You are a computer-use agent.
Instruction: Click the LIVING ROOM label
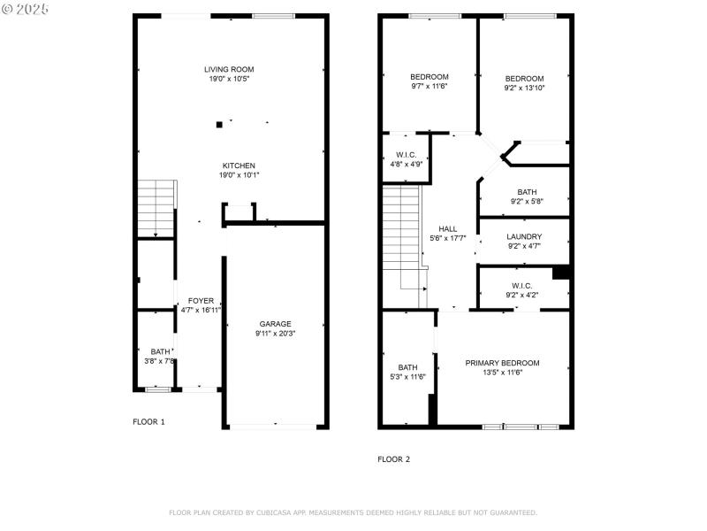tap(230, 69)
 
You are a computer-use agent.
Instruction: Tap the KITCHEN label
tap(239, 165)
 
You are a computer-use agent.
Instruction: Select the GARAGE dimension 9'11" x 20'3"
tap(275, 334)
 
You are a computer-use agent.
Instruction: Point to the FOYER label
tap(201, 301)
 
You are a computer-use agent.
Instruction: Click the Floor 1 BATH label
tap(160, 351)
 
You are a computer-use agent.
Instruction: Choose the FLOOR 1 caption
tap(148, 422)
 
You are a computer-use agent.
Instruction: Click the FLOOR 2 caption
tap(393, 459)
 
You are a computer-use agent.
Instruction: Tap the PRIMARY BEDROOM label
tap(502, 363)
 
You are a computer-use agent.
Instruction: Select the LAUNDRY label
tap(524, 236)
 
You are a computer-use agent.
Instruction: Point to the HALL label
tap(448, 229)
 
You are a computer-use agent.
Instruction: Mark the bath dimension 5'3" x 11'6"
tap(407, 377)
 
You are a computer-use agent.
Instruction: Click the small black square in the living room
tap(219, 125)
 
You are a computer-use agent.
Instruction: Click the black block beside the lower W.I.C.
tap(560, 273)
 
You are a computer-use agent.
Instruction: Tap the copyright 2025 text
tap(27, 9)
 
